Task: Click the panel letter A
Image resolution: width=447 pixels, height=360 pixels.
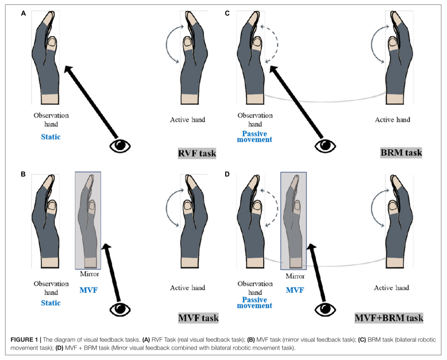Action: click(x=23, y=13)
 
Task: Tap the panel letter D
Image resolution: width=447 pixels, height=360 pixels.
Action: click(x=227, y=175)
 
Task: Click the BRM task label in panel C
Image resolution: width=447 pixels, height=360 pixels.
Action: click(x=401, y=152)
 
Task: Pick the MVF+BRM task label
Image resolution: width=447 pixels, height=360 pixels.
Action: click(x=389, y=318)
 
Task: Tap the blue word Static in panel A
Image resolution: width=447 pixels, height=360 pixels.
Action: click(x=51, y=137)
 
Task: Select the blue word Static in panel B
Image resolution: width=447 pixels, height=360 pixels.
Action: click(x=51, y=303)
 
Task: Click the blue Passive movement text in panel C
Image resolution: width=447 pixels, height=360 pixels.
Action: click(x=257, y=137)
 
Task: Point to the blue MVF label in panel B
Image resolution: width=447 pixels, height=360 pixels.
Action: click(x=88, y=290)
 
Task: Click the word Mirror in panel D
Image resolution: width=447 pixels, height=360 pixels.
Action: click(x=295, y=276)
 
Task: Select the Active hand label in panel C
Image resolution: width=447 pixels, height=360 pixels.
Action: click(x=392, y=119)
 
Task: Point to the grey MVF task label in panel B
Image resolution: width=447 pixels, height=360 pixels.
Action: click(x=198, y=318)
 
